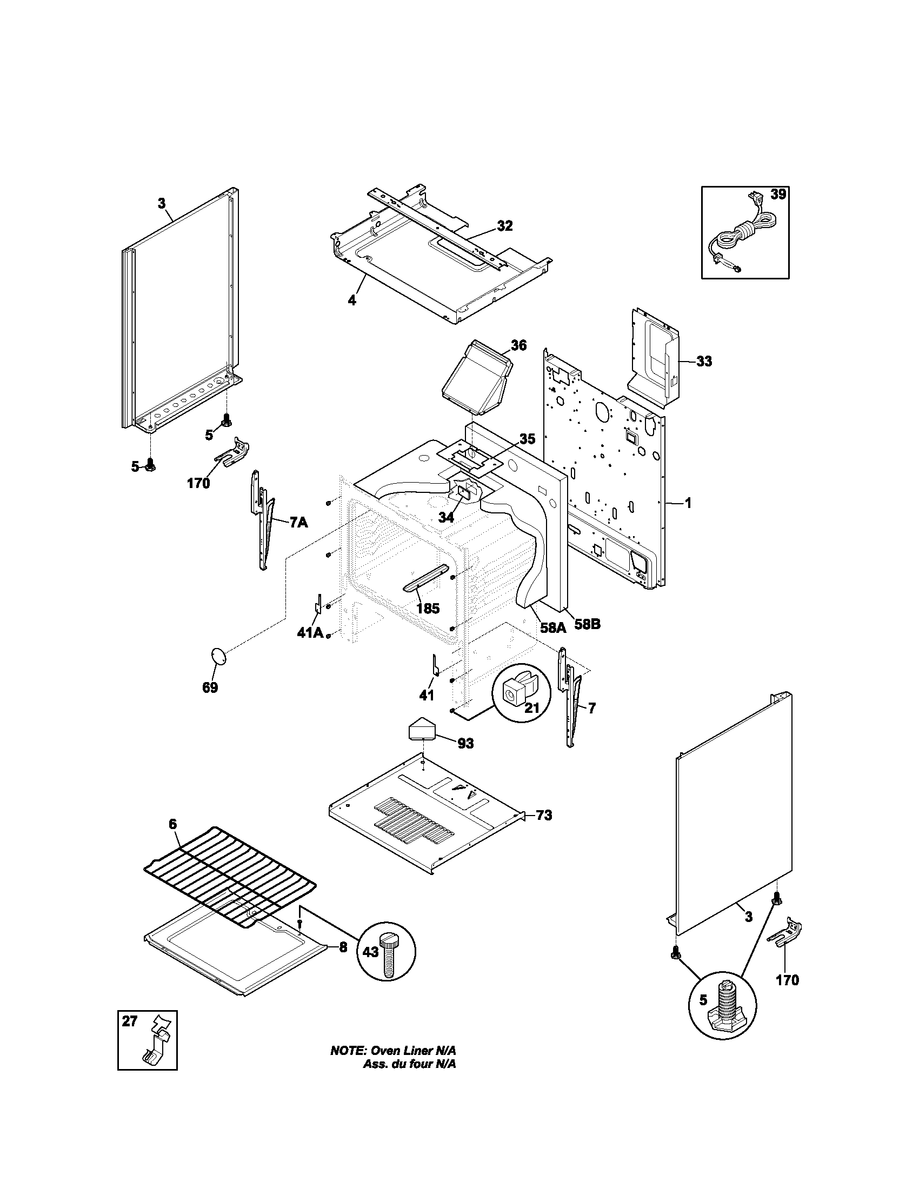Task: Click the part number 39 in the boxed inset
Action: coord(778,195)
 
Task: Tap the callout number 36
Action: coord(518,345)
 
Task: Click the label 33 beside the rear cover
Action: coord(703,362)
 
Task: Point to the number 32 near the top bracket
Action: coord(504,226)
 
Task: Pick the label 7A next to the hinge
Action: coord(298,523)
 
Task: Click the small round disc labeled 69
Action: coord(219,656)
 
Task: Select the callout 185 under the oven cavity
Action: coord(428,609)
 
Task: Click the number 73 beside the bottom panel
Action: coord(543,831)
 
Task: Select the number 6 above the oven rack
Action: coord(172,839)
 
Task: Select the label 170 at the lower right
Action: coord(787,980)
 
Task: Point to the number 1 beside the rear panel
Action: coord(688,503)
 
